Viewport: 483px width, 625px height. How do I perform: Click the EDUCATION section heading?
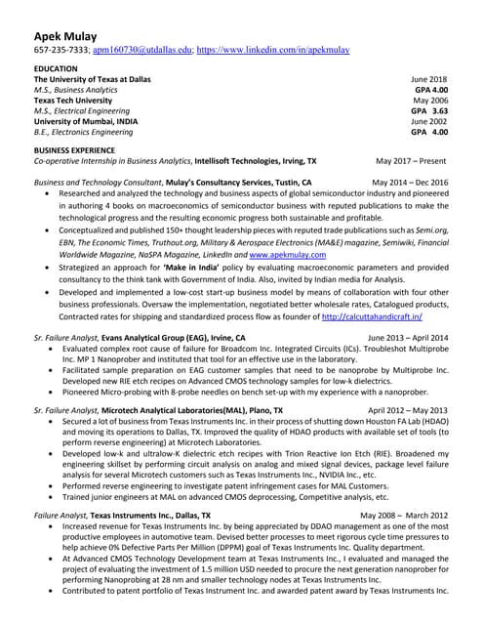tap(56, 68)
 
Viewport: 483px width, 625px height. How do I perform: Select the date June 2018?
tap(428, 79)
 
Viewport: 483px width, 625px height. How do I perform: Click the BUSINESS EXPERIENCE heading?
tap(82, 150)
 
